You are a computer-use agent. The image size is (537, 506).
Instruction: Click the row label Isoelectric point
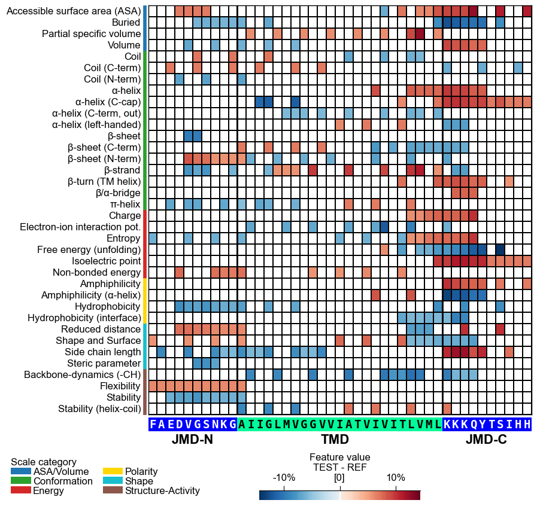click(106, 261)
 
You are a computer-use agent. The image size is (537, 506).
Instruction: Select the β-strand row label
click(122, 170)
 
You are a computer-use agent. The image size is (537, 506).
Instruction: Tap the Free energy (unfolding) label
click(89, 250)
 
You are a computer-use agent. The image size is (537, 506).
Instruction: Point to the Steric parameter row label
click(104, 363)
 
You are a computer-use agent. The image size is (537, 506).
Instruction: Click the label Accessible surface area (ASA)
click(74, 11)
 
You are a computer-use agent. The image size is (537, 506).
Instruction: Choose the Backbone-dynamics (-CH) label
click(82, 374)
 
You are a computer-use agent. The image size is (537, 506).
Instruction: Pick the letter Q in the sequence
click(474, 424)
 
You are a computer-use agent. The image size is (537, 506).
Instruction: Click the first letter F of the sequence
click(153, 424)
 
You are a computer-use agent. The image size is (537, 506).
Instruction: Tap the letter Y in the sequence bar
click(483, 424)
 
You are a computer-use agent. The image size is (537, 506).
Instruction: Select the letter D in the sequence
click(180, 424)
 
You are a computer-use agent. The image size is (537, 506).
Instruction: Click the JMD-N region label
click(193, 439)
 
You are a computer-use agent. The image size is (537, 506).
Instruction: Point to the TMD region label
click(335, 439)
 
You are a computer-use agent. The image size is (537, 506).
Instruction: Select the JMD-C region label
click(486, 439)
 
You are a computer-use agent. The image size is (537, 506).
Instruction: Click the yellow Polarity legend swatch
click(113, 471)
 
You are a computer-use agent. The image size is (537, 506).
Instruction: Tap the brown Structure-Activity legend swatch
click(113, 490)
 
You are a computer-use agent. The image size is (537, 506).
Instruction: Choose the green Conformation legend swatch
click(21, 481)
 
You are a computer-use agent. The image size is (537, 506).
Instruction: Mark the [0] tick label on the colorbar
click(339, 478)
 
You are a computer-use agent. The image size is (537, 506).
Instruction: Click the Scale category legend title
click(44, 462)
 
